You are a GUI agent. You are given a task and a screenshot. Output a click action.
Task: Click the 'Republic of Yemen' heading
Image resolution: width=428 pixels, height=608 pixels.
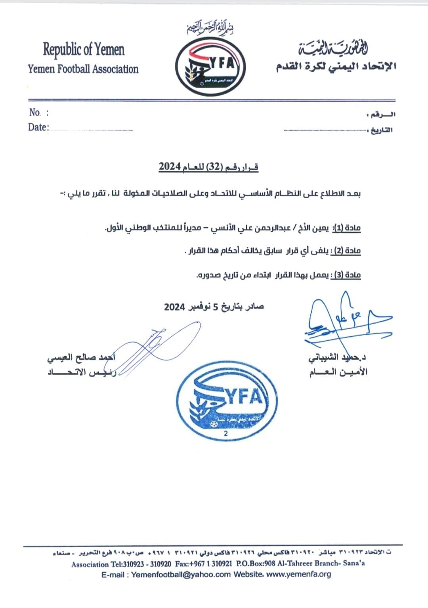pos(84,50)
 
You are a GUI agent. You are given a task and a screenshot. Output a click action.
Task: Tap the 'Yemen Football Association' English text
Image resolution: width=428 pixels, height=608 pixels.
pos(83,69)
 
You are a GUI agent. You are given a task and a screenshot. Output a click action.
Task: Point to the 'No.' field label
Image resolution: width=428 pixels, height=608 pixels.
pos(35,113)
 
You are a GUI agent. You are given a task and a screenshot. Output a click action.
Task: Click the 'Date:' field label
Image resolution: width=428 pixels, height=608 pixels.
pos(38,127)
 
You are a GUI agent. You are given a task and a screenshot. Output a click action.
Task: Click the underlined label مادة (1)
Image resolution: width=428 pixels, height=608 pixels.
pos(347,228)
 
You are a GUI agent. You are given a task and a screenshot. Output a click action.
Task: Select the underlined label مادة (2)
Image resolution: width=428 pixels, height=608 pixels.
pos(347,251)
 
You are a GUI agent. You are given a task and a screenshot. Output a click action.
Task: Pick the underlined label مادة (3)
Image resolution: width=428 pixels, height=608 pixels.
pos(347,275)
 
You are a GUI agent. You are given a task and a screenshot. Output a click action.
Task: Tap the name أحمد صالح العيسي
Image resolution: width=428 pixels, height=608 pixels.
pos(81,358)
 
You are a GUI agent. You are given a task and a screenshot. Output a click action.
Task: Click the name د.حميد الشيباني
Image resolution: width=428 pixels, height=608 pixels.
pos(337,357)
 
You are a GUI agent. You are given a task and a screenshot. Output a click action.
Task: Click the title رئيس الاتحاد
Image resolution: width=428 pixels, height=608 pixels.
pos(81,373)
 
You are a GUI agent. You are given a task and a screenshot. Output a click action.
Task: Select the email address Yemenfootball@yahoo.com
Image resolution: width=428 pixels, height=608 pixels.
pos(181,574)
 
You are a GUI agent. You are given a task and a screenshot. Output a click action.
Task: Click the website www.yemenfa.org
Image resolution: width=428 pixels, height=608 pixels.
pos(298,574)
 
